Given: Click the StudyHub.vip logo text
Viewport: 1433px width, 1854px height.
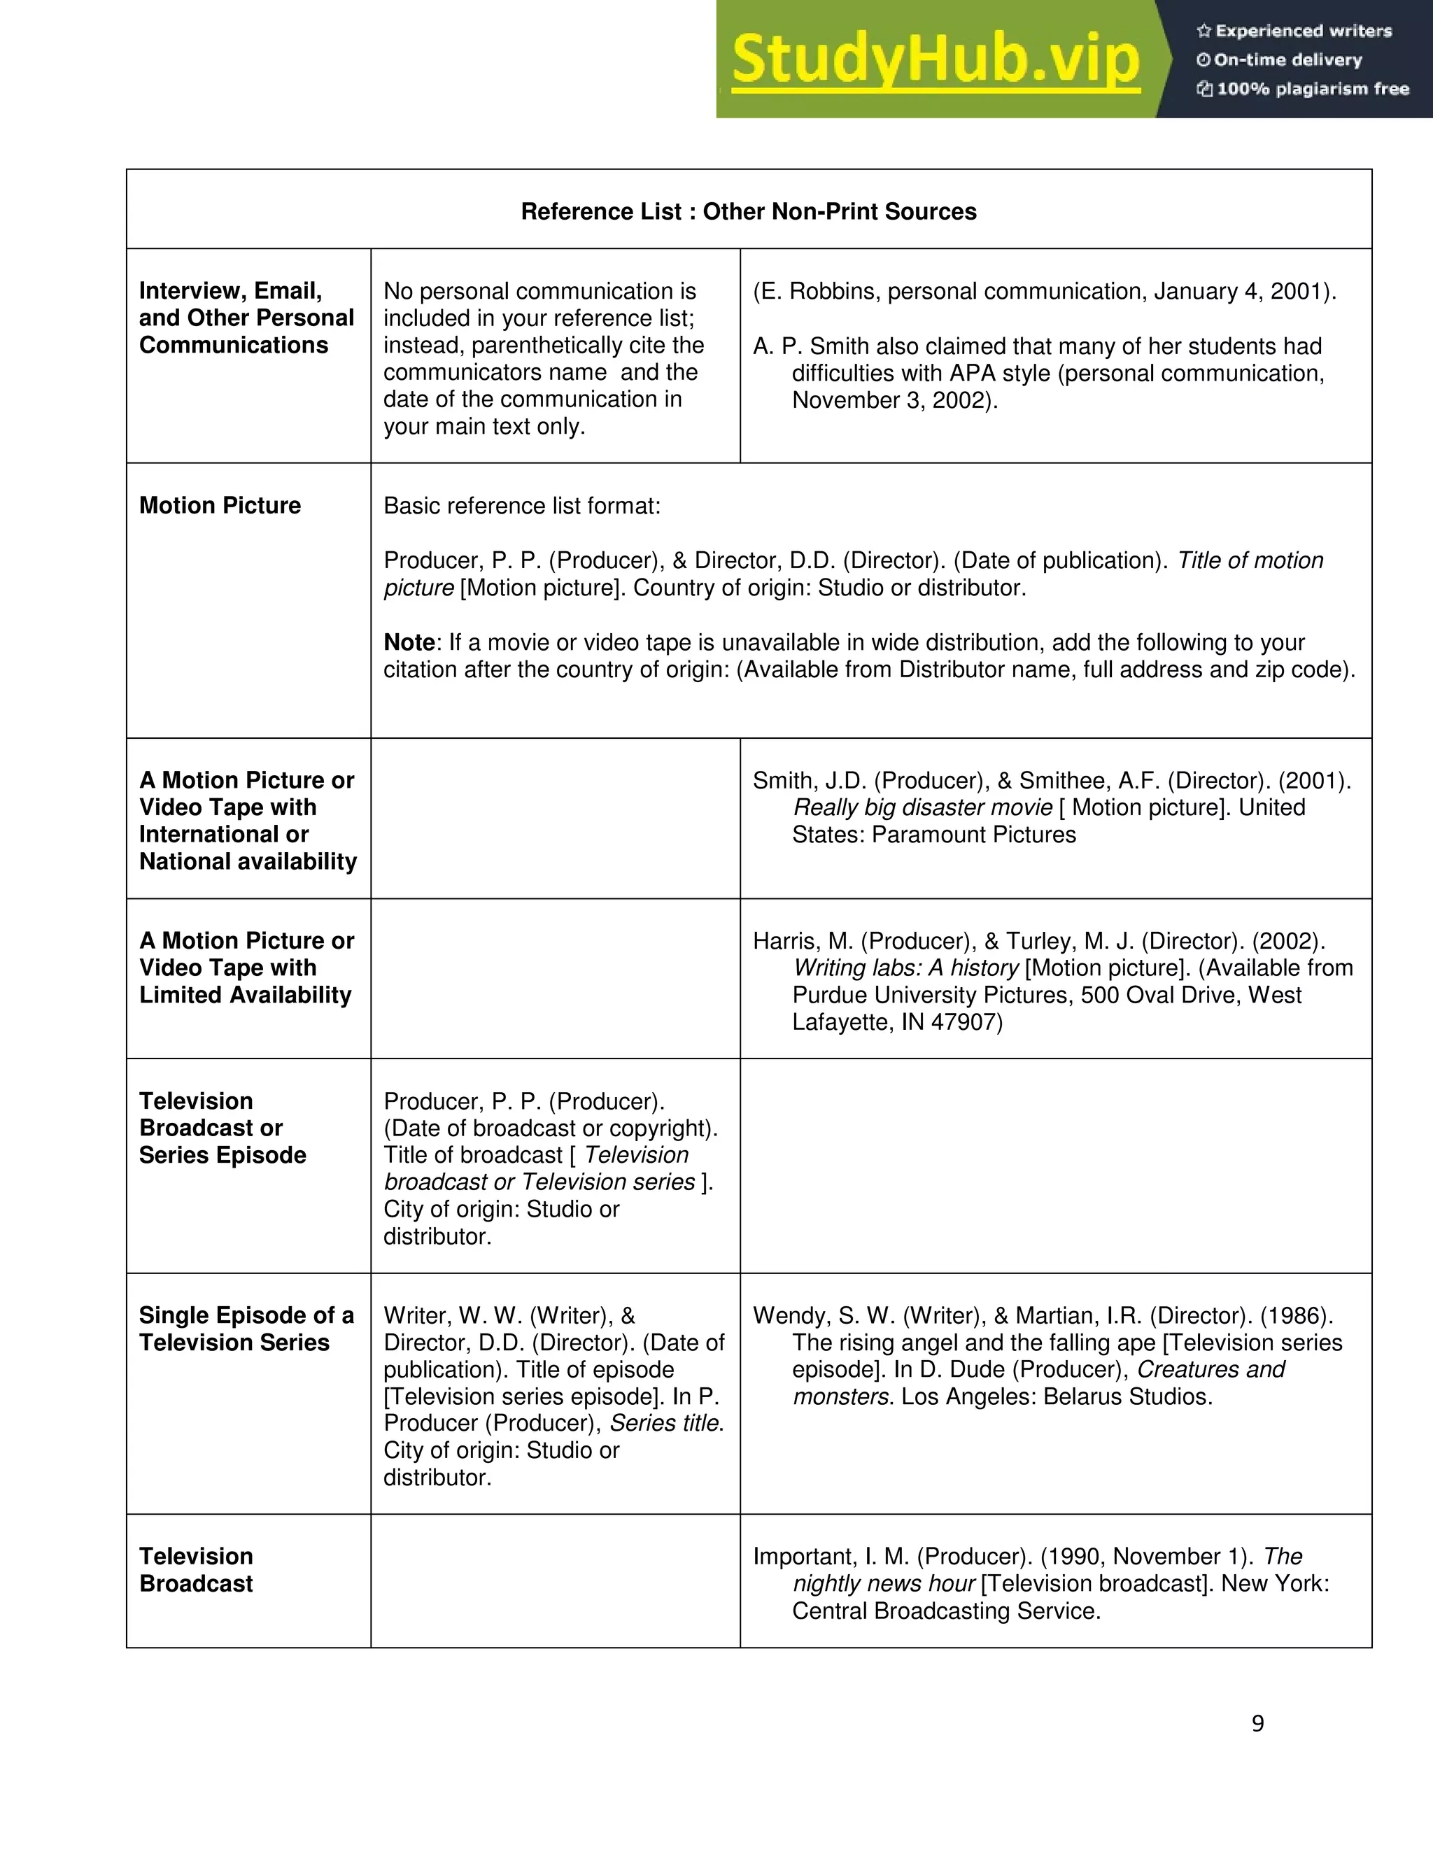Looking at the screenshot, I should point(935,59).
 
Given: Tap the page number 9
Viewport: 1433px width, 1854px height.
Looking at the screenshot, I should point(1257,1722).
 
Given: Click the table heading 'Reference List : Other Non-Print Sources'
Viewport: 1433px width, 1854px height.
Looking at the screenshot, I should point(749,211).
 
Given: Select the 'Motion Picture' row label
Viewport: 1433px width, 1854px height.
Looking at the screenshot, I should point(220,505).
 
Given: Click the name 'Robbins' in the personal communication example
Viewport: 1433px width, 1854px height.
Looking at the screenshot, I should point(835,291).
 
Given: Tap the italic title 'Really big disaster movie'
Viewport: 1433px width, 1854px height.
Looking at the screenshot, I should point(922,807).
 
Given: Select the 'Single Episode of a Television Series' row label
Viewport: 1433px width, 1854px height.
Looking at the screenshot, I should point(246,1329).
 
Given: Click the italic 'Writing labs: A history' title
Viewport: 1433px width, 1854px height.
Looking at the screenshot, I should point(906,968).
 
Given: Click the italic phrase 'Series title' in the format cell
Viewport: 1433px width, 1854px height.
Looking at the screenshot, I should point(665,1423).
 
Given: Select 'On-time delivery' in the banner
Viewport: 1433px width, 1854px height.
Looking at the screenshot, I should point(1287,60).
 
